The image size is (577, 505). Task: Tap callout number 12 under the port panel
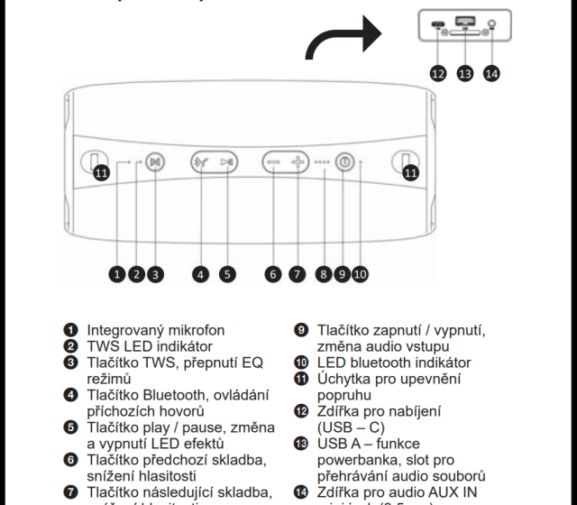pyautogui.click(x=439, y=74)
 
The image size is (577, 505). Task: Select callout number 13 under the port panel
pyautogui.click(x=465, y=74)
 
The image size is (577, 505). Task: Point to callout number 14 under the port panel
pyautogui.click(x=491, y=74)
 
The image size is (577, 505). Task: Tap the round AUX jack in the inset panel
pyautogui.click(x=490, y=27)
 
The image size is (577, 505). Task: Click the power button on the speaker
pyautogui.click(x=343, y=163)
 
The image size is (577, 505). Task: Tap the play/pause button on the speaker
pyautogui.click(x=228, y=163)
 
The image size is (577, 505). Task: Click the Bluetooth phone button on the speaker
pyautogui.click(x=201, y=163)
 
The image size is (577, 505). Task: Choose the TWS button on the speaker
pyautogui.click(x=155, y=163)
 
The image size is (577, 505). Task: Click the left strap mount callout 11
pyautogui.click(x=101, y=172)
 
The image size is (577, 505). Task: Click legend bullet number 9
pyautogui.click(x=301, y=330)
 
